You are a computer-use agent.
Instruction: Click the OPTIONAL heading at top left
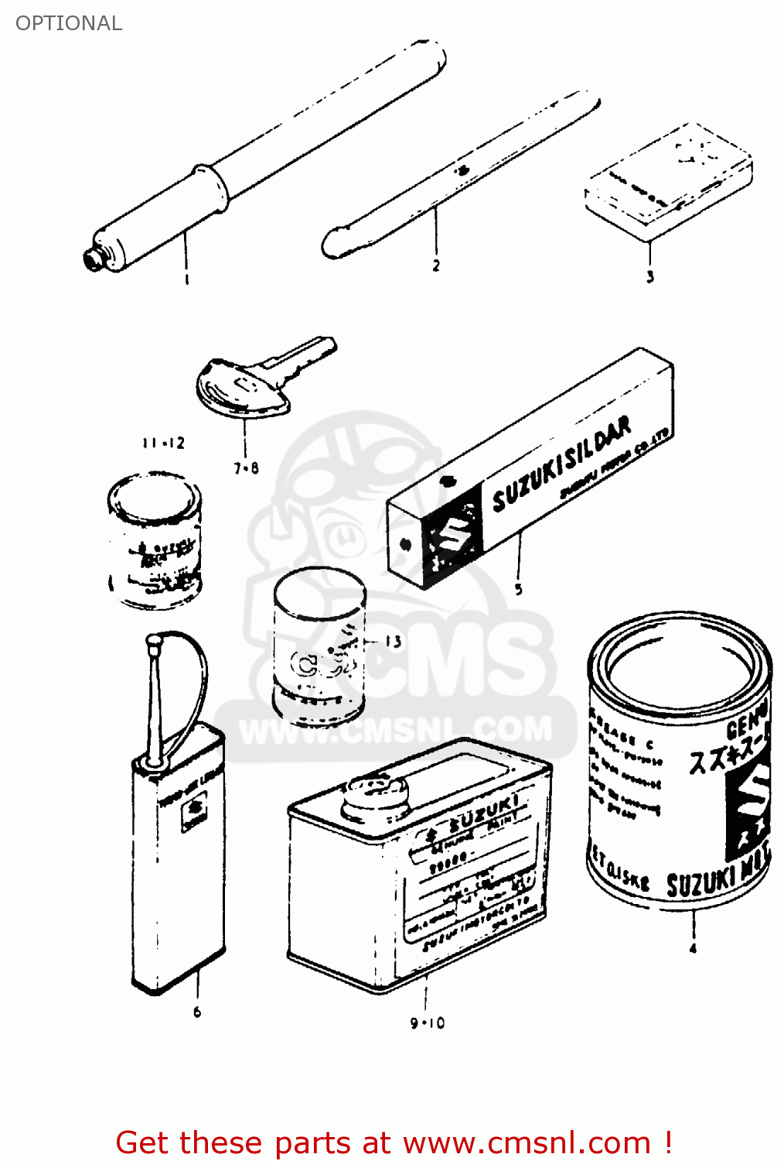point(69,23)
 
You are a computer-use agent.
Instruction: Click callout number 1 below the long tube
point(186,279)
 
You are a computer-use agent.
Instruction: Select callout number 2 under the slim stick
point(436,265)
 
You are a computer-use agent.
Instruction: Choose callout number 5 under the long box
point(519,590)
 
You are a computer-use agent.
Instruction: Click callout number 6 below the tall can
point(197,1012)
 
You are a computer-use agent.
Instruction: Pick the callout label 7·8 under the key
point(246,467)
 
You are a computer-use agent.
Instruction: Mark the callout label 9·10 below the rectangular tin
point(427,1023)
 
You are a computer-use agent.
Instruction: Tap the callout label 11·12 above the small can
point(163,443)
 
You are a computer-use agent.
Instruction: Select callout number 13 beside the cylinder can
point(393,642)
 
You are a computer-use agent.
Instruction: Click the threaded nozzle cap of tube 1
point(94,258)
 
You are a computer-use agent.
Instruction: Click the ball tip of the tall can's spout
point(153,642)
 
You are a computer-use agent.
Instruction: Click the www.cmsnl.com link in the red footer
point(527,1142)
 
